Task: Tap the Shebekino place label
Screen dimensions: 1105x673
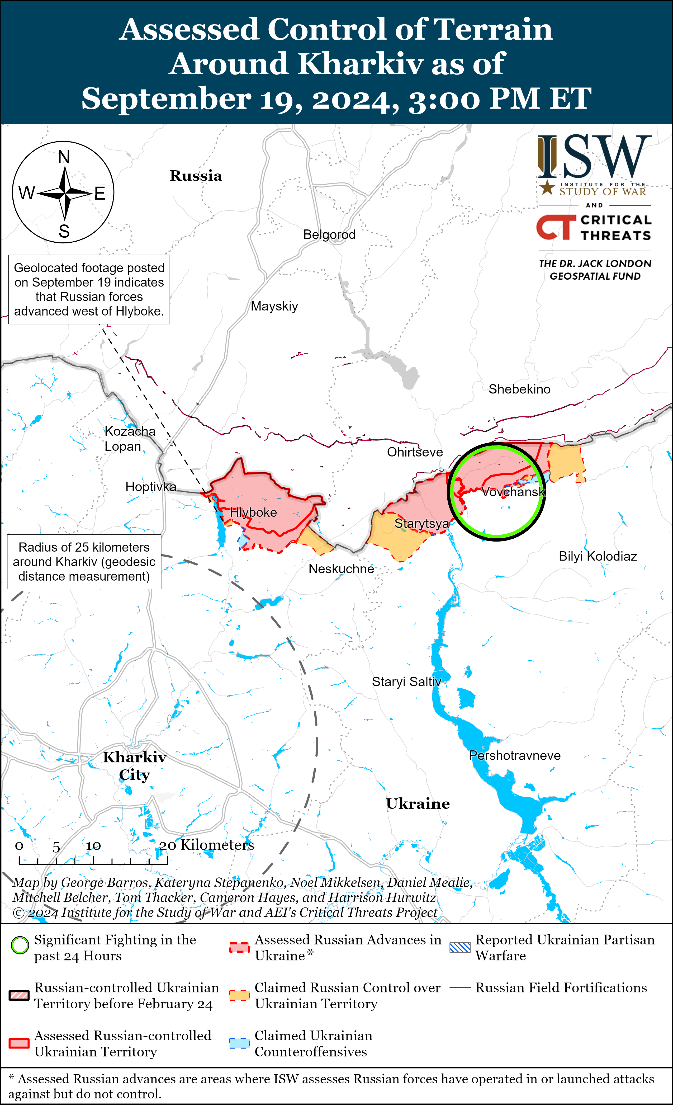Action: pos(519,389)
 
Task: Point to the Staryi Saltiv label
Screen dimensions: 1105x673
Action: pos(406,682)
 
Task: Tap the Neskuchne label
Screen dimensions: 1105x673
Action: pos(341,569)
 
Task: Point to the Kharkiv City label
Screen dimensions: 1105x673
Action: pos(135,765)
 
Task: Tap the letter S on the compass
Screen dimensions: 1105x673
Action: pos(64,231)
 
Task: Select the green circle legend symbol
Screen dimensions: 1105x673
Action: pos(20,945)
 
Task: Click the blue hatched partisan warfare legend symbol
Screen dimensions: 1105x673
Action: pos(460,947)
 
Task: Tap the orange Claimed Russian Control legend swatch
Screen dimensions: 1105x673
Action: pos(239,995)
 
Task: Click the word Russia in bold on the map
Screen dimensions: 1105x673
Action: pos(196,176)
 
